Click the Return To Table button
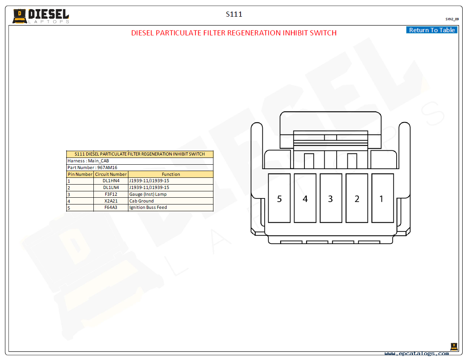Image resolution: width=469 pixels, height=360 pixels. tap(432, 30)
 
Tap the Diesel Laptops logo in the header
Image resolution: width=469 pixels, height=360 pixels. tap(41, 16)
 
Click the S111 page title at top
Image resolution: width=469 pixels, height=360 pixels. tap(234, 14)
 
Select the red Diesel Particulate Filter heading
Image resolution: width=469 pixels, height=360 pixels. tap(234, 33)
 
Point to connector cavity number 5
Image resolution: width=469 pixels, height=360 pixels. tap(279, 198)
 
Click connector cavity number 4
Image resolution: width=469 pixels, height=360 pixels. tap(305, 198)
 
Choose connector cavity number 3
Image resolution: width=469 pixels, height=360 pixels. tap(331, 198)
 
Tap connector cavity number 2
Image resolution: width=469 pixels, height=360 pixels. tap(357, 198)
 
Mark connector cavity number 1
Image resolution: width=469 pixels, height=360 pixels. tap(383, 198)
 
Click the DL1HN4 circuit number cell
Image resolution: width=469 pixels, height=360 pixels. tap(111, 181)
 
